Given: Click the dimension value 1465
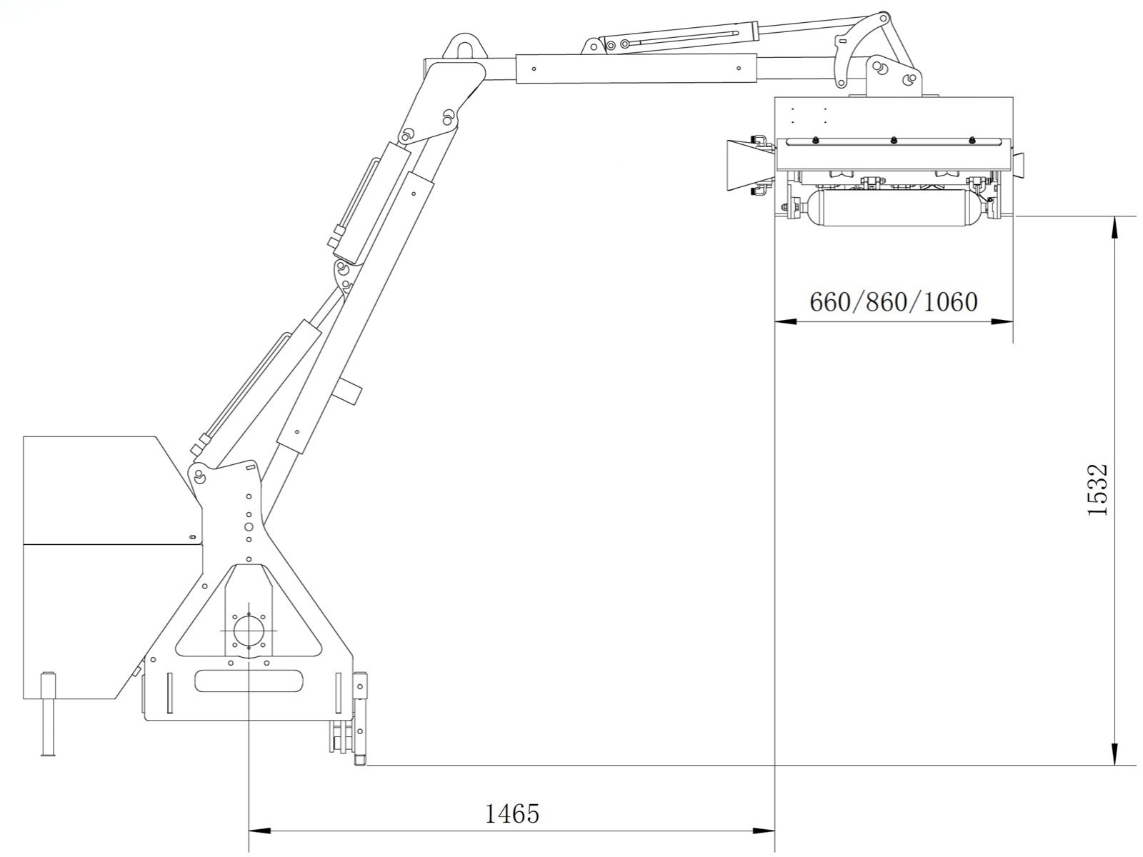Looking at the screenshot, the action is point(512,814).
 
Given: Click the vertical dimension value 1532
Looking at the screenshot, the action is point(1098,490).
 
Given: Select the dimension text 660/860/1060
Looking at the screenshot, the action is point(894,302).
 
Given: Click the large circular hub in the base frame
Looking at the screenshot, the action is point(249,631).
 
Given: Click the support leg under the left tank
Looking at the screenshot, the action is point(48,714).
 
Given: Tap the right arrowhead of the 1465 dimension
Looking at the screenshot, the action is point(764,831).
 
